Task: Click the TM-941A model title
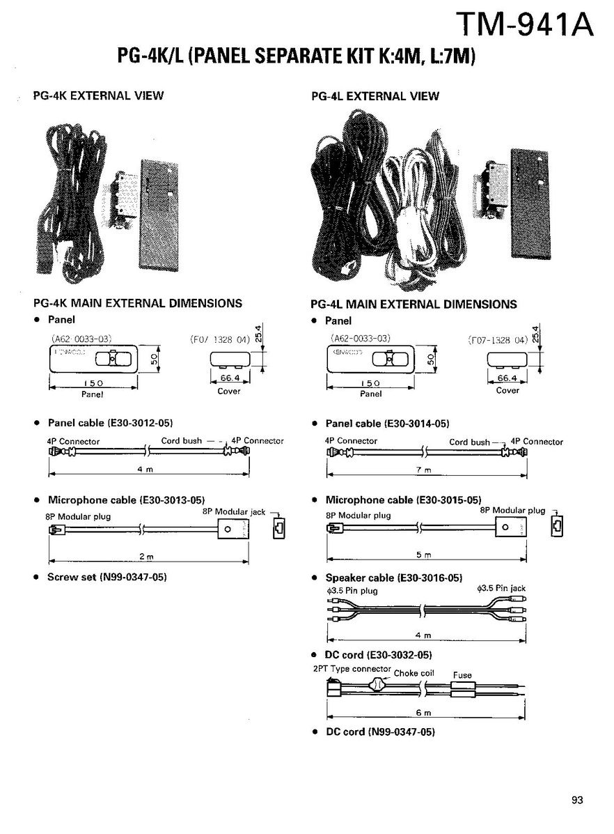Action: pos(524,25)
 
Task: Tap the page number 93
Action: pos(577,800)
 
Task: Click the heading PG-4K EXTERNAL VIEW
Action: pos(98,95)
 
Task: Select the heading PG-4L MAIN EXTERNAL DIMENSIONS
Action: pos(414,304)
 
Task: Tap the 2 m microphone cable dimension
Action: pos(145,557)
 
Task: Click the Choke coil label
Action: pos(414,674)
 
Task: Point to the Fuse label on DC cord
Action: pos(462,675)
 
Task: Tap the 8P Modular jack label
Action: pos(234,511)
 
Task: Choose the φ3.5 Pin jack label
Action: pos(501,589)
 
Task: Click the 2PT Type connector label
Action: pos(352,669)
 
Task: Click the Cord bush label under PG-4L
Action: pos(469,442)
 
